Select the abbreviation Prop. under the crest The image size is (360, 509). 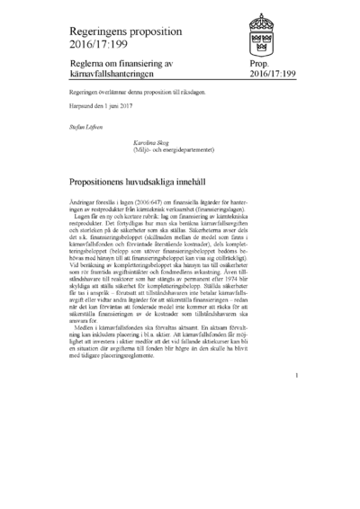pyautogui.click(x=256, y=66)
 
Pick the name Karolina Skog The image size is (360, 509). pyautogui.click(x=152, y=142)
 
